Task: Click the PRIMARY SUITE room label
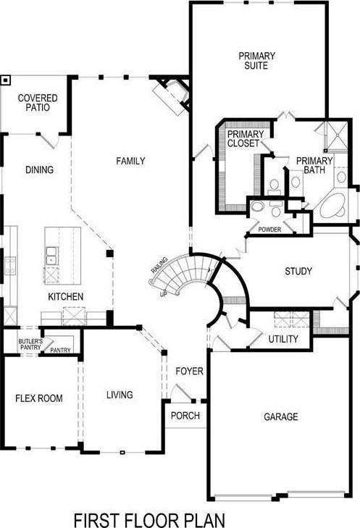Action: [254, 59]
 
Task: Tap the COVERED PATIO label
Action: [38, 102]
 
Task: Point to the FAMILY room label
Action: [131, 161]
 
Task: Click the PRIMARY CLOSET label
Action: [243, 138]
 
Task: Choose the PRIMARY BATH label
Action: [314, 165]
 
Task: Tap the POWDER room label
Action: [270, 230]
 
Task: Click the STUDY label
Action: [298, 272]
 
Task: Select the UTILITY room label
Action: [282, 339]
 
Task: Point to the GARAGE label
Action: [281, 416]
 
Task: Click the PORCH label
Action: [185, 416]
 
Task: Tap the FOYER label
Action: [189, 372]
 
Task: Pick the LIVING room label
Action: [120, 395]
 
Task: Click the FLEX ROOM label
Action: [39, 398]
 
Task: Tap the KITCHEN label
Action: [66, 297]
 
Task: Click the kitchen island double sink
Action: [51, 256]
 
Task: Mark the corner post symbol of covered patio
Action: [6, 80]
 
